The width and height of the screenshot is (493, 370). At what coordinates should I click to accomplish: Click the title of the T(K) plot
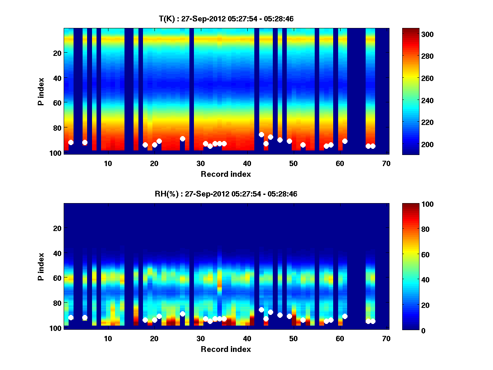(226, 19)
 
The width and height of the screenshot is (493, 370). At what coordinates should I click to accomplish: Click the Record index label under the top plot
(226, 174)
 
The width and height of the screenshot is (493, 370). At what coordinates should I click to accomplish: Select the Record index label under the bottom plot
(226, 349)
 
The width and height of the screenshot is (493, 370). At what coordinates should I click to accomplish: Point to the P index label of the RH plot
(41, 266)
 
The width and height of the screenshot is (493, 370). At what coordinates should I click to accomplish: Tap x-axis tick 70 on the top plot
(386, 163)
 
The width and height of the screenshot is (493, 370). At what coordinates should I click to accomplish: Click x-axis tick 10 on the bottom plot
(108, 338)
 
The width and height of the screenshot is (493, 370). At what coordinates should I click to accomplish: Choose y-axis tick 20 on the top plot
(57, 53)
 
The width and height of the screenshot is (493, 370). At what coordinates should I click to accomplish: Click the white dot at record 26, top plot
(182, 139)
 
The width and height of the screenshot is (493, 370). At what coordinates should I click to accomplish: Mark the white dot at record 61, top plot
(345, 141)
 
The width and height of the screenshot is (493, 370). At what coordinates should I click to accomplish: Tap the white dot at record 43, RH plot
(261, 310)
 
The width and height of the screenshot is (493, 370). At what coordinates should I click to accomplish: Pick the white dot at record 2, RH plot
(71, 317)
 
